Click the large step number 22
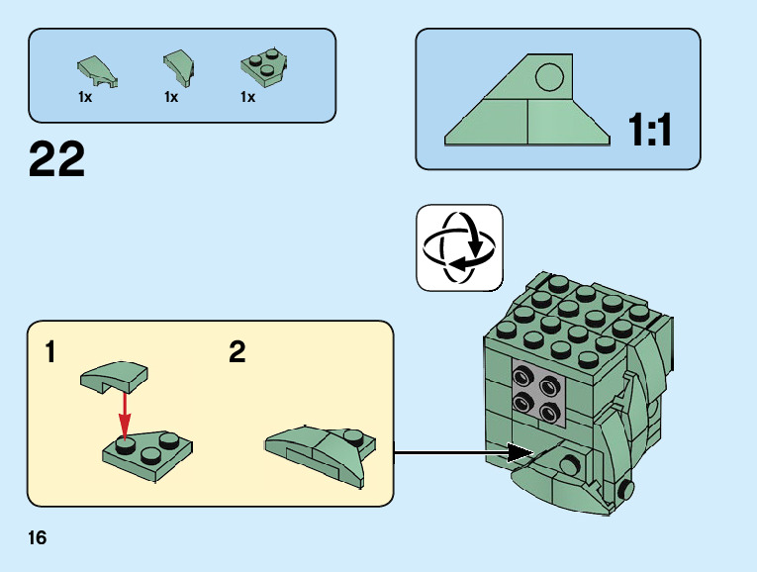pyautogui.click(x=57, y=159)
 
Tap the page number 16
pyautogui.click(x=38, y=538)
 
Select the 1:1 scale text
pyautogui.click(x=650, y=130)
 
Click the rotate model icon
pyautogui.click(x=459, y=247)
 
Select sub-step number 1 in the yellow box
pyautogui.click(x=50, y=352)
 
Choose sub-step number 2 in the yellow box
pyautogui.click(x=237, y=352)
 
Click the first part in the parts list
pyautogui.click(x=97, y=71)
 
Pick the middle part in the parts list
pyautogui.click(x=178, y=67)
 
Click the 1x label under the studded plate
pyautogui.click(x=247, y=98)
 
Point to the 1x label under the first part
pyautogui.click(x=85, y=98)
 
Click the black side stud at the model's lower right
pyautogui.click(x=625, y=490)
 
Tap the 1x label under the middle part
pyautogui.click(x=171, y=98)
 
